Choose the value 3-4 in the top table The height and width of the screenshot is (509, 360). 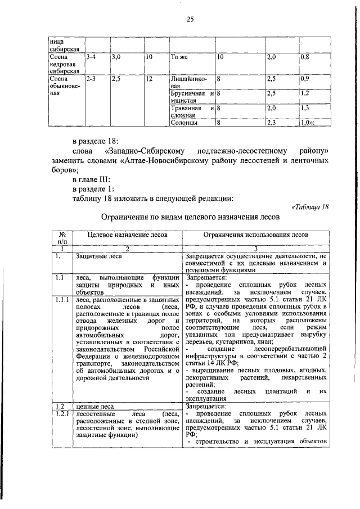click(92, 57)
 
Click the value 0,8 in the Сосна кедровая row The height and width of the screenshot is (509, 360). click(306, 57)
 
